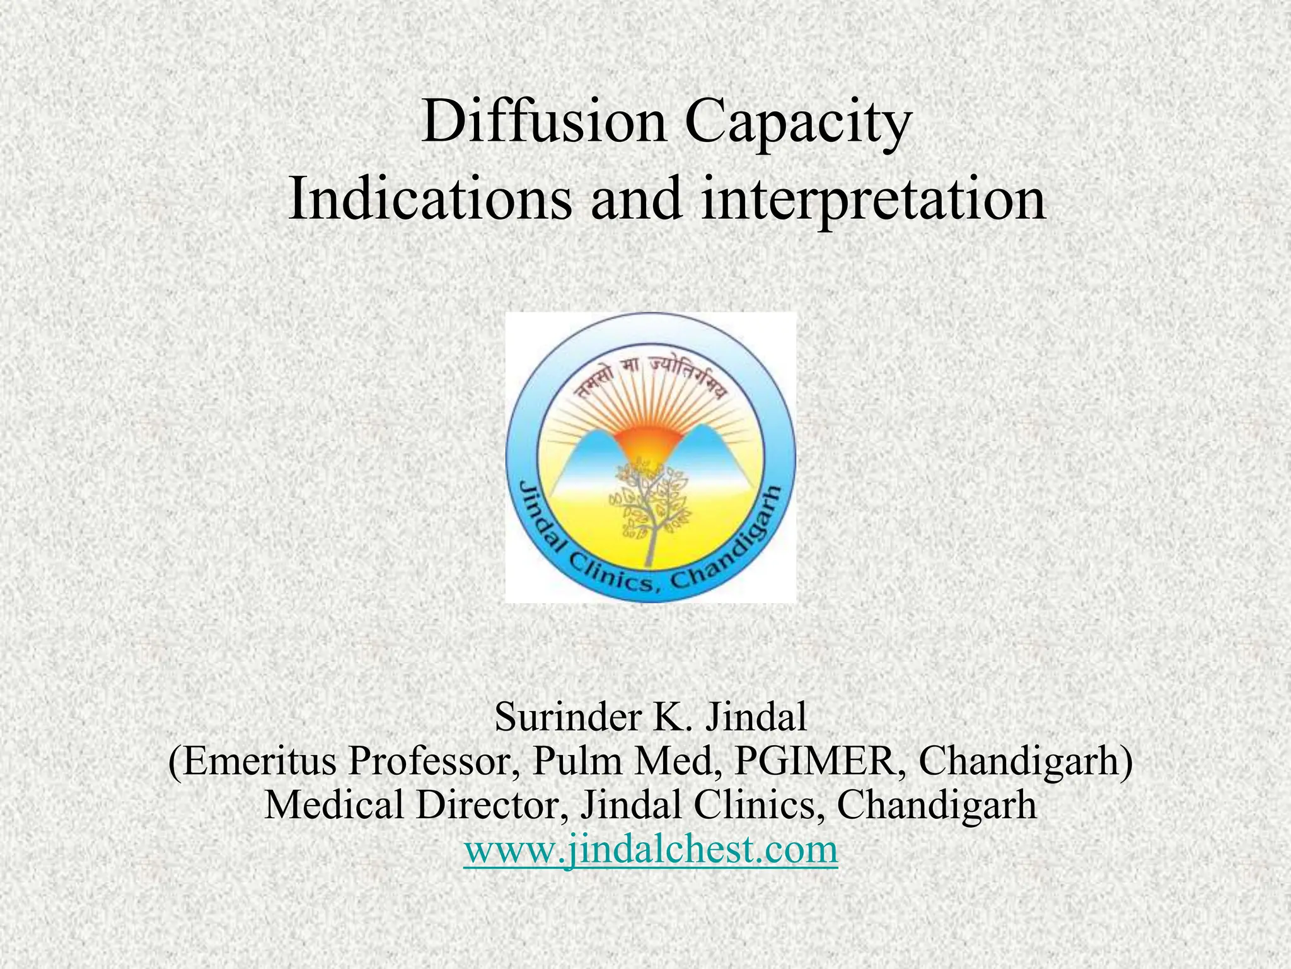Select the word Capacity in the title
(x=798, y=124)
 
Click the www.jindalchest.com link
(x=651, y=849)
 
